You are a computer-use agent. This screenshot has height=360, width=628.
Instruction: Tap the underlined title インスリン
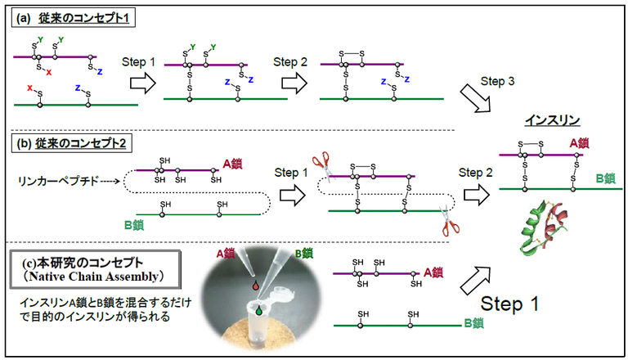[553, 120]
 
